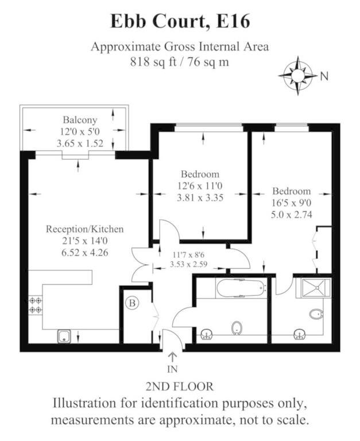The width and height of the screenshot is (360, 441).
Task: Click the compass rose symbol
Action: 298,76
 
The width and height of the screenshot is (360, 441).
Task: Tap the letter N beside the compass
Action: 324,76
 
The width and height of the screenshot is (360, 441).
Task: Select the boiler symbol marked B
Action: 132,303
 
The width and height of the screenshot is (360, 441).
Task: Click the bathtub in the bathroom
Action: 241,288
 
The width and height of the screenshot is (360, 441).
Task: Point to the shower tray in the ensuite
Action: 316,288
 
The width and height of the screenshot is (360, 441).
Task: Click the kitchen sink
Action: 64,336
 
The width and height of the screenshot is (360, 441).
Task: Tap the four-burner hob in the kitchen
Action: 35,305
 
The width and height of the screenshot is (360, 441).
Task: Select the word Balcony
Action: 80,120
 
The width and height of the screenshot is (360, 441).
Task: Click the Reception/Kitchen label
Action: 84,229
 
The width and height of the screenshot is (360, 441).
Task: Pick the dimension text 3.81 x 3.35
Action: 200,198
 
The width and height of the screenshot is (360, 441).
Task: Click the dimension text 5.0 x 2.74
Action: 291,215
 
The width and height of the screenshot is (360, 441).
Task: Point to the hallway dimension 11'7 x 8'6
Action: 188,255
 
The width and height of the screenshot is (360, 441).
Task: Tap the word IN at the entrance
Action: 172,369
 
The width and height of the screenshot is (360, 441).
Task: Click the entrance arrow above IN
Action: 172,358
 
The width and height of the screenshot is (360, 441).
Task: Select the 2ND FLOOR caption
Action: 180,386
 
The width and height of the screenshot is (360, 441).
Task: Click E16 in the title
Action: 233,21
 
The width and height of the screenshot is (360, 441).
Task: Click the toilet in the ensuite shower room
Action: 316,314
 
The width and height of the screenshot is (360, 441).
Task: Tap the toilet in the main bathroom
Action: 237,328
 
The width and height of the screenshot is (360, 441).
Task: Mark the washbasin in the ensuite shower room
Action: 300,335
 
